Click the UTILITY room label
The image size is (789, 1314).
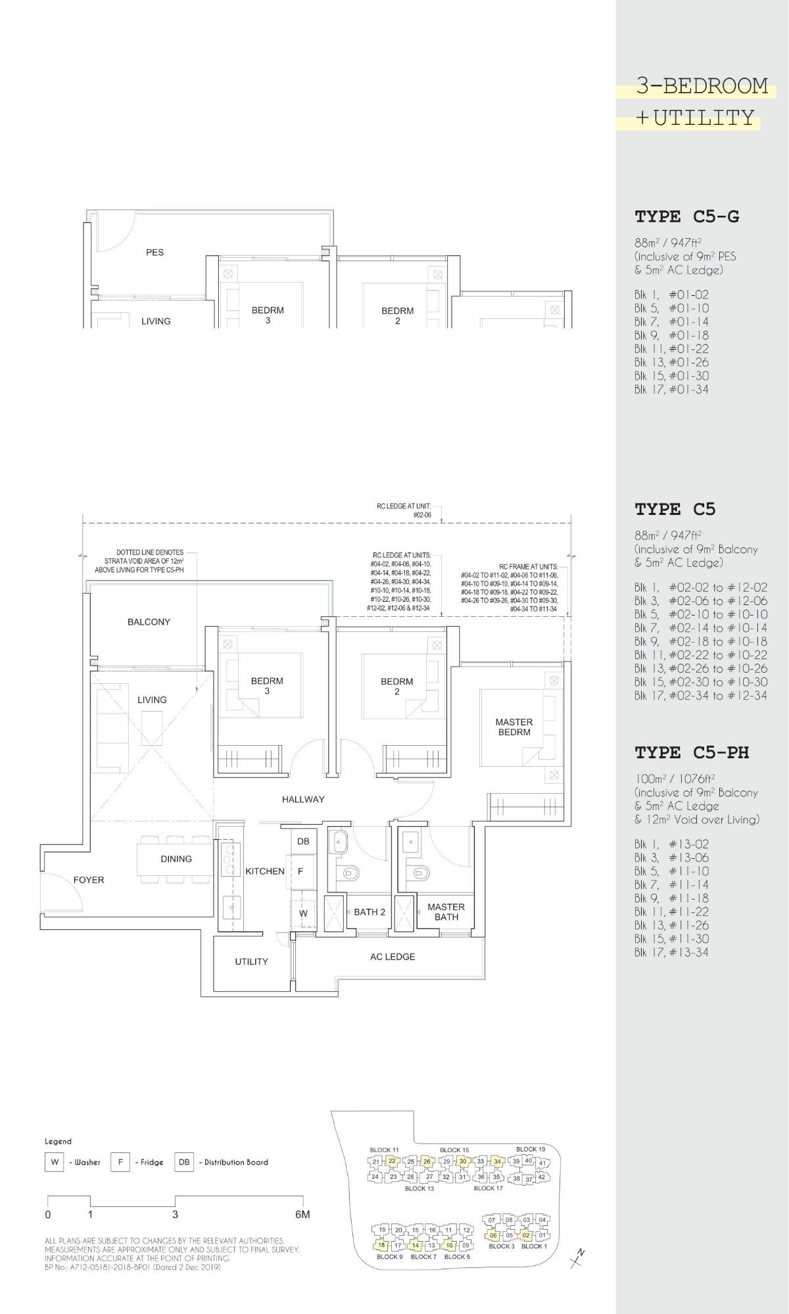click(251, 961)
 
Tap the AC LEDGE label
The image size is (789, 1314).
click(392, 957)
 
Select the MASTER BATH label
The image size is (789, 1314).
click(446, 912)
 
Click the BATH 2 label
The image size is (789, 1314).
click(370, 912)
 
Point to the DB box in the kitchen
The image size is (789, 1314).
click(303, 841)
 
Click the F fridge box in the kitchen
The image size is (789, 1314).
click(300, 871)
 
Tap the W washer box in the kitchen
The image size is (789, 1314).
click(303, 913)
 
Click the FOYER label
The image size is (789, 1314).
click(89, 880)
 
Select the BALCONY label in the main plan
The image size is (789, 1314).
click(149, 621)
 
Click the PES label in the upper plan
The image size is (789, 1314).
click(155, 252)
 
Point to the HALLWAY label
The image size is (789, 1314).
click(303, 799)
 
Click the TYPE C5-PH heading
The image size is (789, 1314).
click(691, 752)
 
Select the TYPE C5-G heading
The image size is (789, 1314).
click(686, 216)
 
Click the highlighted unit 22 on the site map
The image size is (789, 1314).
click(392, 1161)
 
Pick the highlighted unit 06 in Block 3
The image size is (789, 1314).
click(493, 1235)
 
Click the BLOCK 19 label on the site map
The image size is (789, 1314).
click(530, 1149)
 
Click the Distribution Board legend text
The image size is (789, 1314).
click(236, 1162)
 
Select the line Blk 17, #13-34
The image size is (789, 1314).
click(671, 952)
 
